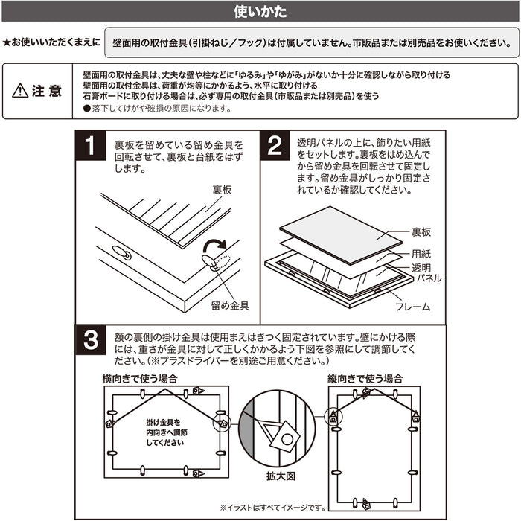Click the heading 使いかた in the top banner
(260, 12)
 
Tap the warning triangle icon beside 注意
(20, 90)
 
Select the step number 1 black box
(90, 146)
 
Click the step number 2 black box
(275, 146)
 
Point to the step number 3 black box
(90, 340)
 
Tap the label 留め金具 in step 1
(230, 306)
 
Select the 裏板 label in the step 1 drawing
(222, 190)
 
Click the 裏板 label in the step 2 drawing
(421, 232)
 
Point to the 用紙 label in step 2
(421, 254)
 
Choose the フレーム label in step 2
(412, 307)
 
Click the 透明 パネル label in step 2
(426, 273)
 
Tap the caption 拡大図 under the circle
(281, 476)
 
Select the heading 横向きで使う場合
(140, 379)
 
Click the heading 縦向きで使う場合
(365, 379)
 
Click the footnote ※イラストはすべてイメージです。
(272, 508)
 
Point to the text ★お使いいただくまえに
(51, 42)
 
